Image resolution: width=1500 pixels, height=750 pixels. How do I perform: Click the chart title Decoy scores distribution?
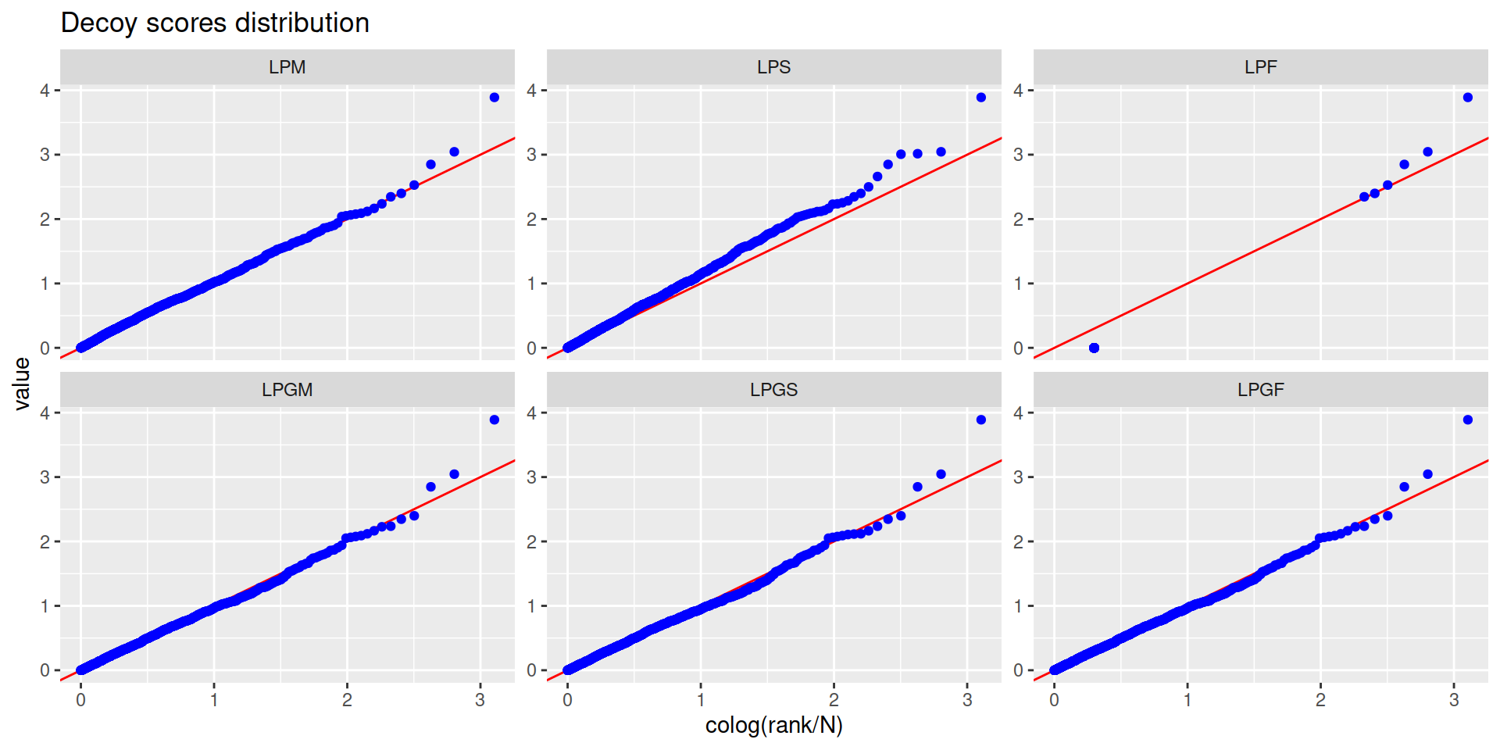click(215, 23)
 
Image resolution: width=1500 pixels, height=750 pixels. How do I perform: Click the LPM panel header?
click(287, 67)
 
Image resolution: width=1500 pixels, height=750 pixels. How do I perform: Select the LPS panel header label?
click(773, 67)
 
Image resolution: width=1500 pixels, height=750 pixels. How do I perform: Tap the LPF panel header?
click(1260, 67)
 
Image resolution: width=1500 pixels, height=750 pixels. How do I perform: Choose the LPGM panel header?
click(287, 390)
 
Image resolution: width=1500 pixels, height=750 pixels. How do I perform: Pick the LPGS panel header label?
click(773, 390)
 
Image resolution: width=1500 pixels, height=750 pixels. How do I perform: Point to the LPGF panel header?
click(1260, 390)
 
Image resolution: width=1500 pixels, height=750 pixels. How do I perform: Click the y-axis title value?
click(22, 384)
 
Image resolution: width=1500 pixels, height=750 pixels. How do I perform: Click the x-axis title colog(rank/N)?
click(773, 726)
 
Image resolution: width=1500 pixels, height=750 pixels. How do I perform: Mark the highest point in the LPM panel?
click(495, 98)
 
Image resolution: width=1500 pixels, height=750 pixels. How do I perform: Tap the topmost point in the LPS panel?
click(981, 98)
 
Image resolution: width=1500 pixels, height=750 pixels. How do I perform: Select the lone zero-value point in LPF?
click(1094, 348)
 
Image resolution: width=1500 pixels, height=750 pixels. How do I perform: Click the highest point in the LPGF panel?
click(1468, 420)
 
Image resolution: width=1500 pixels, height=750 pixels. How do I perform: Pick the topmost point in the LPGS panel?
click(981, 420)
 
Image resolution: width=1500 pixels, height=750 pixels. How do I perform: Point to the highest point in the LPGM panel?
click(495, 420)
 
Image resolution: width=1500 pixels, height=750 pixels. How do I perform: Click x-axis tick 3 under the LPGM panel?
click(480, 700)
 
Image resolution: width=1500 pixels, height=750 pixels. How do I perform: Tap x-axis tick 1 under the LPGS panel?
click(701, 700)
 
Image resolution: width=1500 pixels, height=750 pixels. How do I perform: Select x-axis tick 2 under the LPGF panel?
click(1320, 700)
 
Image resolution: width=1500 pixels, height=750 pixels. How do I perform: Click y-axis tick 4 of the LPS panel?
click(532, 91)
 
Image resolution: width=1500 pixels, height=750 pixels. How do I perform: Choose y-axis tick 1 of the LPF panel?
click(1018, 284)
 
